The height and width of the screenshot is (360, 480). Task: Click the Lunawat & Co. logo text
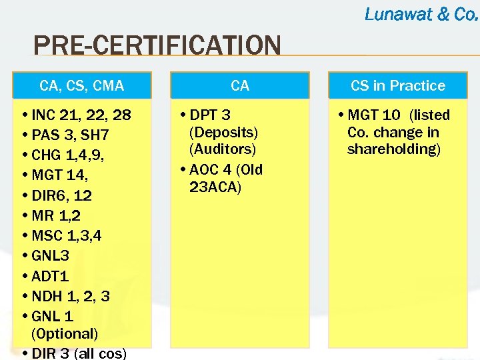pyautogui.click(x=421, y=13)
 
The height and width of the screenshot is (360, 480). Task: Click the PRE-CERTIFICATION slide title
pyautogui.click(x=157, y=47)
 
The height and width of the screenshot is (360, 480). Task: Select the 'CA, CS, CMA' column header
pyautogui.click(x=82, y=85)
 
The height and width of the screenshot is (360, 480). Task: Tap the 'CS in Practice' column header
pyautogui.click(x=398, y=85)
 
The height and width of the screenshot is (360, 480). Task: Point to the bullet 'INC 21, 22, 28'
pyautogui.click(x=81, y=115)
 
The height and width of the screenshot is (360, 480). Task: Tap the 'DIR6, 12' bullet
pyautogui.click(x=61, y=195)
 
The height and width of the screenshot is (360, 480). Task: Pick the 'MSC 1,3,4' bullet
pyautogui.click(x=66, y=235)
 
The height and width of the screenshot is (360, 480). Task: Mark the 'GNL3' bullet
pyautogui.click(x=50, y=255)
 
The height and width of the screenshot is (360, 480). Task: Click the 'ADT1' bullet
pyautogui.click(x=50, y=275)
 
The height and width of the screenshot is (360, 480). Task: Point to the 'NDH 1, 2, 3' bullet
pyautogui.click(x=70, y=295)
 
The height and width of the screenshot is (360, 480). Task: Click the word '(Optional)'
pyautogui.click(x=64, y=333)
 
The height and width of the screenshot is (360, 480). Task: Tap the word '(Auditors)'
pyautogui.click(x=223, y=149)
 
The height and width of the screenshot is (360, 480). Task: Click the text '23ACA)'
pyautogui.click(x=215, y=187)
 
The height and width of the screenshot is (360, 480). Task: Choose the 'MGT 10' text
pyautogui.click(x=373, y=115)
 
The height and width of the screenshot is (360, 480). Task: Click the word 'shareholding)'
pyautogui.click(x=394, y=149)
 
